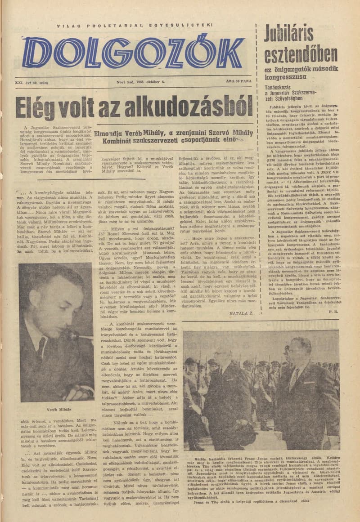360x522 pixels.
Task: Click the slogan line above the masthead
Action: (135, 26)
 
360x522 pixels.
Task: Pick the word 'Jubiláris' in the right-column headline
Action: (301, 33)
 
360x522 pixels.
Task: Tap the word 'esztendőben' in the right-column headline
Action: (301, 54)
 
